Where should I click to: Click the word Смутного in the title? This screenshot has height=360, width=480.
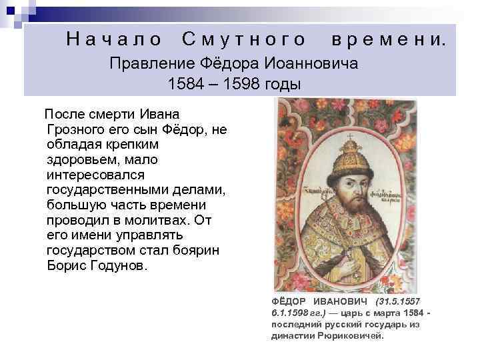[244, 40]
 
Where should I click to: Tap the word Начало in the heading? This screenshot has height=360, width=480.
[114, 40]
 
